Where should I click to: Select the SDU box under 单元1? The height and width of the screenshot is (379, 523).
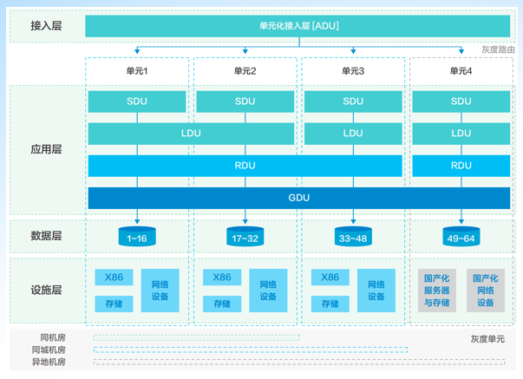pyautogui.click(x=137, y=101)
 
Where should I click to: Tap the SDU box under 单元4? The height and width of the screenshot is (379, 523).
pyautogui.click(x=461, y=101)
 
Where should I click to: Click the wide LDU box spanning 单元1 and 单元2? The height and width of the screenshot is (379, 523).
pyautogui.click(x=191, y=134)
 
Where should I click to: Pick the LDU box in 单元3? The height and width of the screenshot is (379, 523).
pyautogui.click(x=353, y=134)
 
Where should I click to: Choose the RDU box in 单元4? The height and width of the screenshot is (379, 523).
pyautogui.click(x=461, y=166)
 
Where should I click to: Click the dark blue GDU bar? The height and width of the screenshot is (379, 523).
pyautogui.click(x=299, y=198)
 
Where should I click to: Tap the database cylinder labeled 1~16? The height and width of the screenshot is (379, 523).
pyautogui.click(x=137, y=237)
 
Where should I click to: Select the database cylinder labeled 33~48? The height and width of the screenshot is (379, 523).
pyautogui.click(x=353, y=237)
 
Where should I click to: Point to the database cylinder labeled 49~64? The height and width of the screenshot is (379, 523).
pyautogui.click(x=461, y=237)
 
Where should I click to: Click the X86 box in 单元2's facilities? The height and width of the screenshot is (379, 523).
pyautogui.click(x=222, y=278)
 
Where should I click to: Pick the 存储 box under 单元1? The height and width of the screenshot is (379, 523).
pyautogui.click(x=114, y=304)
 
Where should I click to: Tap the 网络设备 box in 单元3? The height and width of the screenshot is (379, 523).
pyautogui.click(x=376, y=291)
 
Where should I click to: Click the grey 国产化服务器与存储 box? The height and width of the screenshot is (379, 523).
pyautogui.click(x=437, y=291)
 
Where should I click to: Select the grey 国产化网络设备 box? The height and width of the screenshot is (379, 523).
pyautogui.click(x=486, y=291)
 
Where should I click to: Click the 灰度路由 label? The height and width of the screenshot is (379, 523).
pyautogui.click(x=499, y=49)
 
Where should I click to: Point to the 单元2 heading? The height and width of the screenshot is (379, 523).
pyautogui.click(x=245, y=71)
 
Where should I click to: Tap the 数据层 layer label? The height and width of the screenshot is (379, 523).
pyautogui.click(x=46, y=236)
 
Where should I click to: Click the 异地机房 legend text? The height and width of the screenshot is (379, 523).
pyautogui.click(x=49, y=362)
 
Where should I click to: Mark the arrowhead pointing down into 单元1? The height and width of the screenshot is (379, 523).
pyautogui.click(x=137, y=51)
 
